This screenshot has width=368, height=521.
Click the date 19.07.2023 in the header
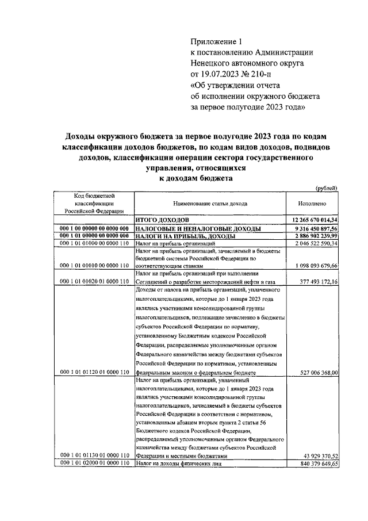pos(221,74)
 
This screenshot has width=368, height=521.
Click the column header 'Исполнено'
pos(313,204)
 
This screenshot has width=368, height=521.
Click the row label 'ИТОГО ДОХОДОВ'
pos(162,220)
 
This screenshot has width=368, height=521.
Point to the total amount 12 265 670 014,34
pos(315,220)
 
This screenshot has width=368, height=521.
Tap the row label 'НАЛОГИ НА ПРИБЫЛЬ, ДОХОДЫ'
pos(185,236)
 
